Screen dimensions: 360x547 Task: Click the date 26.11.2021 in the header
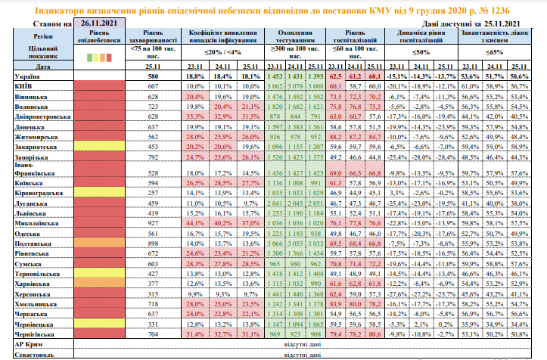point(99,25)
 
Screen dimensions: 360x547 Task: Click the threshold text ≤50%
point(421,52)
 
